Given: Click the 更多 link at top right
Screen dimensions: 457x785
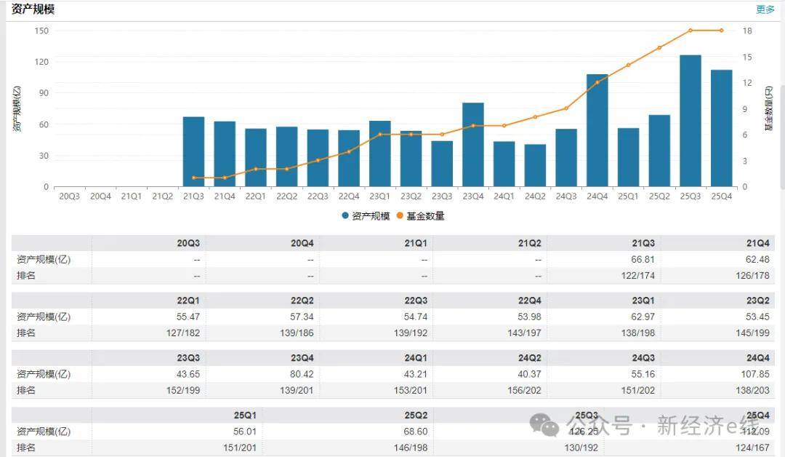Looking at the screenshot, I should click(x=765, y=9).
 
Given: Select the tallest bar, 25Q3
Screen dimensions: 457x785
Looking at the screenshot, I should click(x=691, y=121).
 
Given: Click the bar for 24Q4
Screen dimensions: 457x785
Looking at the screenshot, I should click(x=597, y=130).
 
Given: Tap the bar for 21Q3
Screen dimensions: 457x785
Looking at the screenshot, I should click(x=193, y=151).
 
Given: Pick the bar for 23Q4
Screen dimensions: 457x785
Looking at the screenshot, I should click(x=473, y=145).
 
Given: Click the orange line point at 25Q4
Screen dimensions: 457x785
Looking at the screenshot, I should click(x=722, y=31).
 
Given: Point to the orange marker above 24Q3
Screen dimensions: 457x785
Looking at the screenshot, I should click(x=566, y=108).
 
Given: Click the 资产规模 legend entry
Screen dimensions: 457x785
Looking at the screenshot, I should click(x=366, y=216).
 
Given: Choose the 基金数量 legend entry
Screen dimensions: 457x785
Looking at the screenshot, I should click(x=420, y=216).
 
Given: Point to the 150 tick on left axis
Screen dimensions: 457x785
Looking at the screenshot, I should click(x=41, y=31).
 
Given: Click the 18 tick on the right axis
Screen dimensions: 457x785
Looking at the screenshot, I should click(x=746, y=31).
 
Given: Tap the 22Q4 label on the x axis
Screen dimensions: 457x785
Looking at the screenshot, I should click(x=349, y=196).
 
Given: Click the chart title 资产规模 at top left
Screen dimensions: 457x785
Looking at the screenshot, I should click(x=33, y=9).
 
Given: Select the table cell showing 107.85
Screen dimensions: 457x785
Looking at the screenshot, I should click(x=754, y=374).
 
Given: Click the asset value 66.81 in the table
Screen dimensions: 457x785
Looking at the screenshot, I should click(x=642, y=260).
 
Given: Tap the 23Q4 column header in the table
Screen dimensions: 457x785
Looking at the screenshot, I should click(x=302, y=358).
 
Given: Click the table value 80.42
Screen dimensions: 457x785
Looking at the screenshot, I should click(x=301, y=374).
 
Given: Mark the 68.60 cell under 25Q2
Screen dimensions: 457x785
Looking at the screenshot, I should click(x=415, y=432).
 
